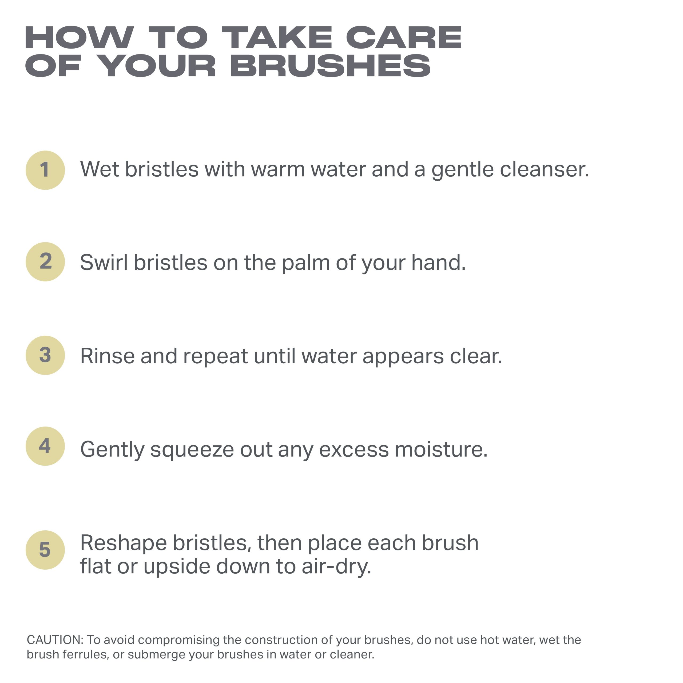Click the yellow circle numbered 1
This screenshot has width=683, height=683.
(45, 170)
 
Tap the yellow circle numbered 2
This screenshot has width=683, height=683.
(45, 262)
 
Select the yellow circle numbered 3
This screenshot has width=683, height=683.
(45, 355)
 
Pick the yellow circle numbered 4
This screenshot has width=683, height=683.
(45, 446)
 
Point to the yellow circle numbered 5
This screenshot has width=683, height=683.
(45, 550)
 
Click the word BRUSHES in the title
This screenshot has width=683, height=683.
(330, 66)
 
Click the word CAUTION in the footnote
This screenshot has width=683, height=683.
(55, 640)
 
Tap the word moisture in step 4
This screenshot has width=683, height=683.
(441, 449)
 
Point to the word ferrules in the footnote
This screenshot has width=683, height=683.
(85, 655)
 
